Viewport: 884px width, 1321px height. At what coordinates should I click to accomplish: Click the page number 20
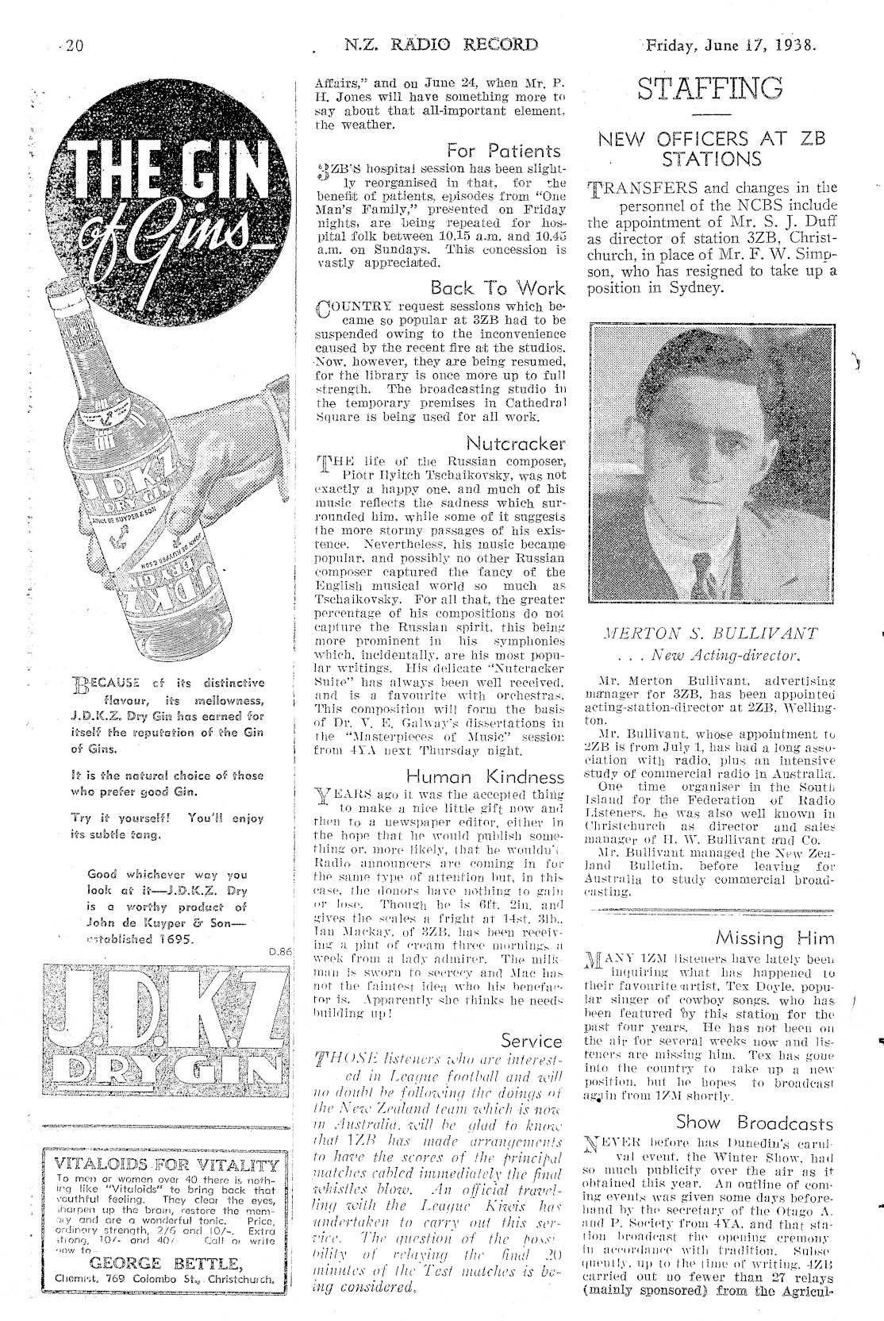[x=75, y=45]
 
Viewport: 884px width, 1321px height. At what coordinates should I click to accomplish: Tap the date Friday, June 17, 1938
[x=729, y=44]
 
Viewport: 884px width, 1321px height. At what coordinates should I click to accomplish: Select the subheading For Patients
[x=504, y=150]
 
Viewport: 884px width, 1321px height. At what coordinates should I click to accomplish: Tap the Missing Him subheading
[x=774, y=938]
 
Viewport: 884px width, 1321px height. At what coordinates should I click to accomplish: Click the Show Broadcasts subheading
[x=755, y=1123]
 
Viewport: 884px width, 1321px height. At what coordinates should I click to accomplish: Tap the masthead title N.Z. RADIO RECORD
[x=441, y=45]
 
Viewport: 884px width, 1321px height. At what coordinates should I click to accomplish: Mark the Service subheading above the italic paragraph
[x=532, y=1039]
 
